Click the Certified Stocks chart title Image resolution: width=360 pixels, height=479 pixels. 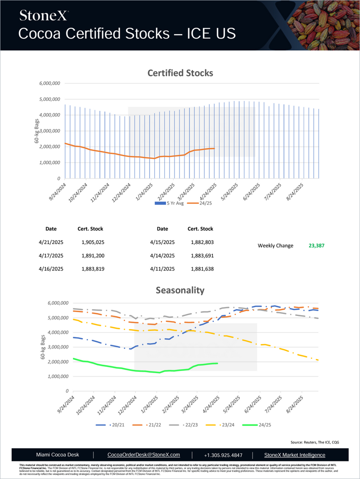180,73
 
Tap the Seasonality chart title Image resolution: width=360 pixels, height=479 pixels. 180,291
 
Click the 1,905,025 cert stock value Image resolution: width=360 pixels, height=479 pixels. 93,242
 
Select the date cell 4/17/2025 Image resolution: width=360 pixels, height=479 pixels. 51,256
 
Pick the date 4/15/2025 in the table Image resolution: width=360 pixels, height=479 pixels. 162,242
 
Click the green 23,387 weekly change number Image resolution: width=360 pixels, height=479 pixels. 316,246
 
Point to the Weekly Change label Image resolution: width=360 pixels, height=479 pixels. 275,246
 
